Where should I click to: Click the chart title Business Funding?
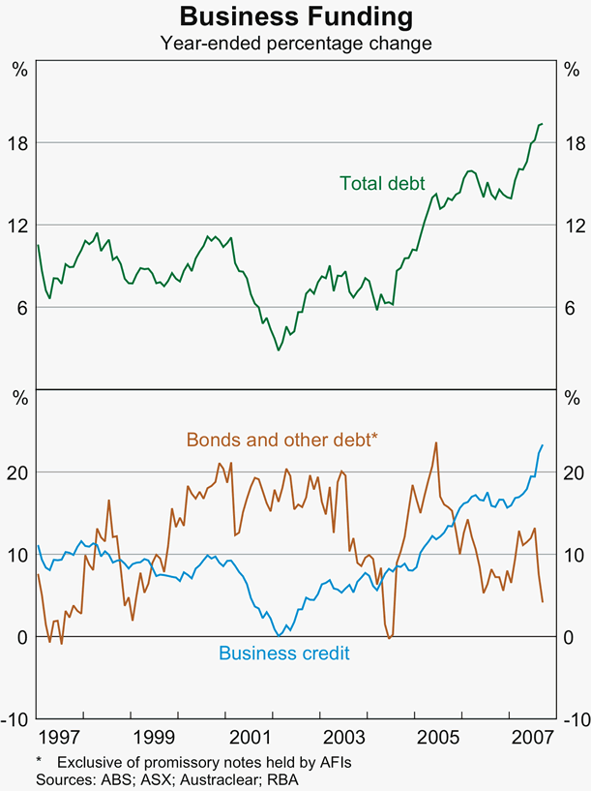click(x=295, y=17)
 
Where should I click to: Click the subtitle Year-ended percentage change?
click(x=295, y=43)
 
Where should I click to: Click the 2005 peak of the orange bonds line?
click(x=436, y=442)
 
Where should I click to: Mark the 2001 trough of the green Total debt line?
click(x=279, y=350)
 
